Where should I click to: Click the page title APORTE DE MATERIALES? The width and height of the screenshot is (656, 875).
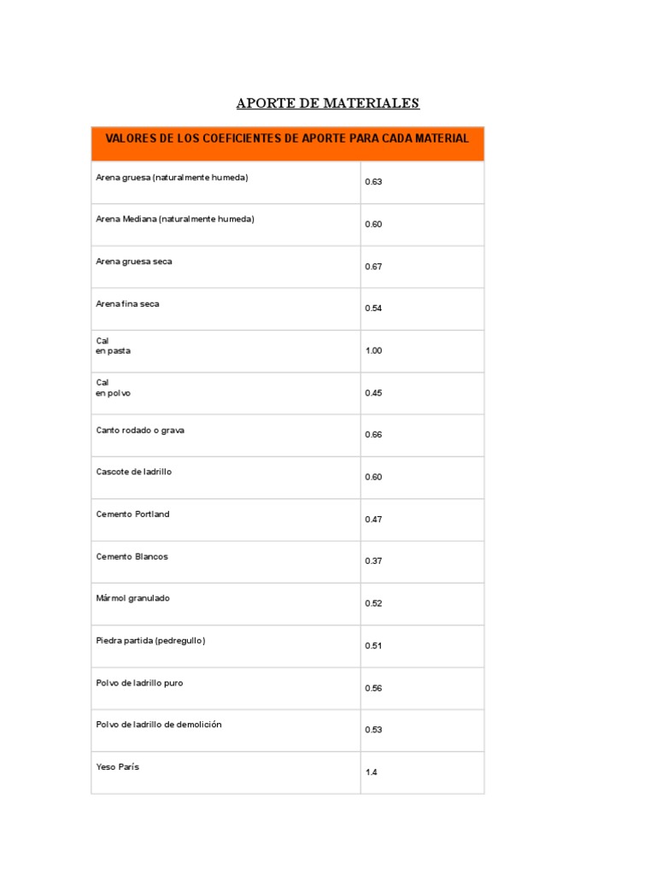(328, 103)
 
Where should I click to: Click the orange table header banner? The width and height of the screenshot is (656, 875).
(287, 143)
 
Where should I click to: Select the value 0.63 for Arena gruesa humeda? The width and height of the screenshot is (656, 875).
(373, 182)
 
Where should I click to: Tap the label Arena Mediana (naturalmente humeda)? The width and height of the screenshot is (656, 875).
(175, 219)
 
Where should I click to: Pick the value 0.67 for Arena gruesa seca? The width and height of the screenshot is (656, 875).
(373, 267)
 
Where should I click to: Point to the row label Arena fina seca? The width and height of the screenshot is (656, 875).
(127, 303)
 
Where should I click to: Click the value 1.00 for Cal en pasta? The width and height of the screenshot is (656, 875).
(373, 350)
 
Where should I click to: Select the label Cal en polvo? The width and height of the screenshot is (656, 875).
(114, 388)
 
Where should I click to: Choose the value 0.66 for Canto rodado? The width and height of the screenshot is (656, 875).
(373, 435)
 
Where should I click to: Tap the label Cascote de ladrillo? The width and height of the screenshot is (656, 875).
(134, 472)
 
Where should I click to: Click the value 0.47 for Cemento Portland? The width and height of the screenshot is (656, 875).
(373, 520)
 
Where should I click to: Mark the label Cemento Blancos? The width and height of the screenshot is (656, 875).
(132, 556)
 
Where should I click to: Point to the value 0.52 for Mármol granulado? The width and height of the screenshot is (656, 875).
(373, 603)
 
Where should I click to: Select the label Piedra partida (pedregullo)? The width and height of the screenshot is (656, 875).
(150, 640)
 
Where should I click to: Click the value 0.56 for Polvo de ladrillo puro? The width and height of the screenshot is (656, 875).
(373, 688)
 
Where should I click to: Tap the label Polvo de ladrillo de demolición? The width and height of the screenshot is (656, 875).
(159, 725)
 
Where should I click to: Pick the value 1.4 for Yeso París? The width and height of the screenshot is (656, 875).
(372, 772)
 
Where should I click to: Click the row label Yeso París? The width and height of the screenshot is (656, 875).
(118, 766)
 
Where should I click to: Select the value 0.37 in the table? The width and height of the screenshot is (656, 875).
(373, 561)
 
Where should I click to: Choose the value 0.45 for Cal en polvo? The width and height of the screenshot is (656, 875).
(373, 393)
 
